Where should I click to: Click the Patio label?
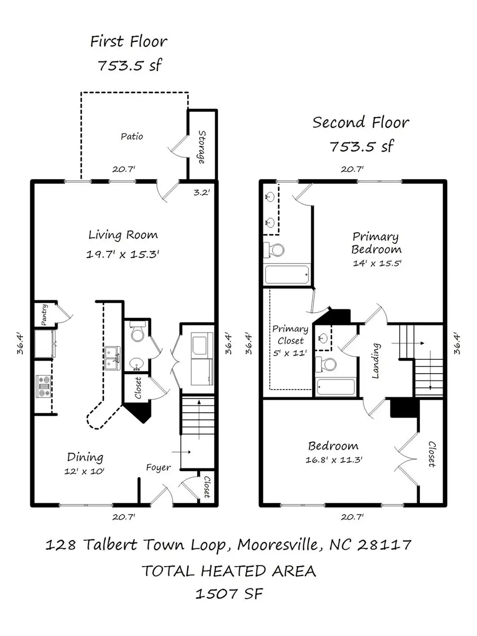pyautogui.click(x=131, y=136)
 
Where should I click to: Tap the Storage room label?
pyautogui.click(x=202, y=146)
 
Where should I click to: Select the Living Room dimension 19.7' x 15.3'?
pyautogui.click(x=122, y=254)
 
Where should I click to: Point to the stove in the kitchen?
pyautogui.click(x=43, y=386)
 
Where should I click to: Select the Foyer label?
pyautogui.click(x=159, y=467)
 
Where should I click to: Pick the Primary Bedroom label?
pyautogui.click(x=376, y=243)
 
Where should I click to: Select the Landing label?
pyautogui.click(x=376, y=361)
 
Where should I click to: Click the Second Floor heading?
pyautogui.click(x=361, y=122)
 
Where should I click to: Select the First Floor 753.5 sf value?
pyautogui.click(x=129, y=66)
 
